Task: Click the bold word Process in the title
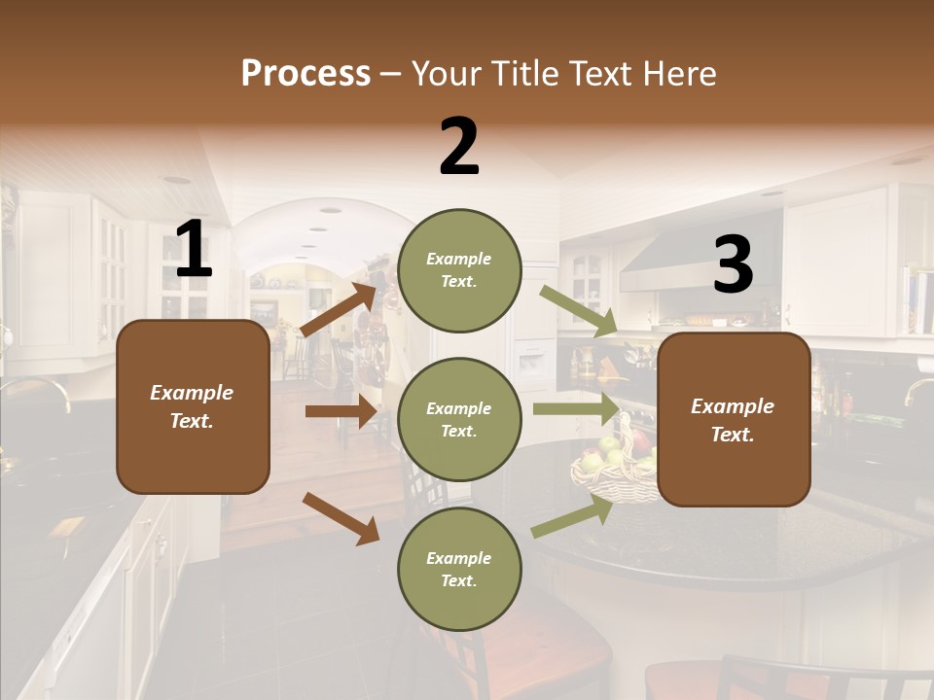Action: (305, 73)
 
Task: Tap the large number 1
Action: (194, 250)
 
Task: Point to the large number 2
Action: (459, 147)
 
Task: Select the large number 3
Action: (733, 265)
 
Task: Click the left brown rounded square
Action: (193, 406)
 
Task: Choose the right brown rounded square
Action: (734, 419)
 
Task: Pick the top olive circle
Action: (459, 270)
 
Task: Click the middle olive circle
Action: (459, 419)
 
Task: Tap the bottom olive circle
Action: (459, 569)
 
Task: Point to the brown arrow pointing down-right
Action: (341, 517)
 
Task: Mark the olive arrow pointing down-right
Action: (578, 311)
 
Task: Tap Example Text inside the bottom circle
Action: (459, 569)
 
